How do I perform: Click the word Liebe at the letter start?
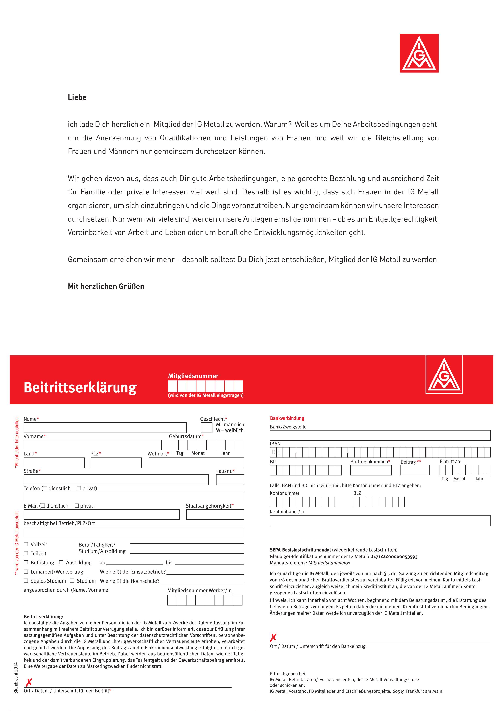77,97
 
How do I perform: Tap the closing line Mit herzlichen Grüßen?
106,286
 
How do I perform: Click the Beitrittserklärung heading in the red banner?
80,387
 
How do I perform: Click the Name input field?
105,428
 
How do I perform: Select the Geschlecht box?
206,428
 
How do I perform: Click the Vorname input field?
92,445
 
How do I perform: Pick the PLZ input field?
116,463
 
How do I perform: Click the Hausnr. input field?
230,480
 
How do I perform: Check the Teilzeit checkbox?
26,553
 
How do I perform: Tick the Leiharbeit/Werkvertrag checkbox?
26,571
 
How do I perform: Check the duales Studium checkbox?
26,581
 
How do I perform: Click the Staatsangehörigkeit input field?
215,514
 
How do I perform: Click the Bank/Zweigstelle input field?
380,435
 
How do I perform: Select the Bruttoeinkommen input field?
371,470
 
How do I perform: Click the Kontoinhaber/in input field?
380,520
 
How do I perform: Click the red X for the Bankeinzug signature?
273,638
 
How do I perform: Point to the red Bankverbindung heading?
287,418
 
